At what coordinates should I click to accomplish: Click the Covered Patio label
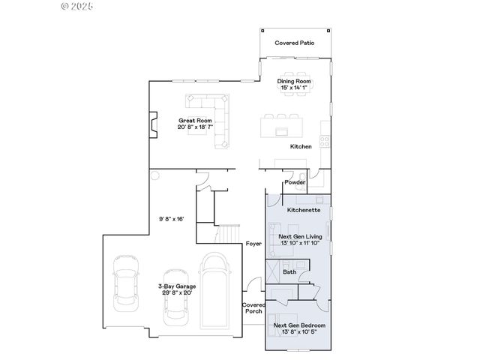tap(294, 43)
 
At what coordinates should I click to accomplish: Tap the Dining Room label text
tap(294, 81)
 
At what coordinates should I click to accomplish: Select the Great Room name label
tap(195, 120)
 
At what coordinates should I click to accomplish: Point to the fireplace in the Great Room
tap(154, 124)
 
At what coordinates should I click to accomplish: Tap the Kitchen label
tap(301, 146)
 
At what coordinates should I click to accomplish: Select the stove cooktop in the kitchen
tap(324, 139)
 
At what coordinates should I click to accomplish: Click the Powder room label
tap(293, 181)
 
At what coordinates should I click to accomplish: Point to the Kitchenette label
tap(304, 210)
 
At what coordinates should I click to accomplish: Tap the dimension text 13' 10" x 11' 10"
tap(301, 244)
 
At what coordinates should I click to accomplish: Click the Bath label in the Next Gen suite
tap(289, 271)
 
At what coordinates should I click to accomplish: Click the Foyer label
tap(253, 244)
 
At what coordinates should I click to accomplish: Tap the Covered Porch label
tap(252, 307)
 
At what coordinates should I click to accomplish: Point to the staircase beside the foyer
tap(228, 234)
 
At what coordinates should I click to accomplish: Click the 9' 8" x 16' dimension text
tap(172, 219)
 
